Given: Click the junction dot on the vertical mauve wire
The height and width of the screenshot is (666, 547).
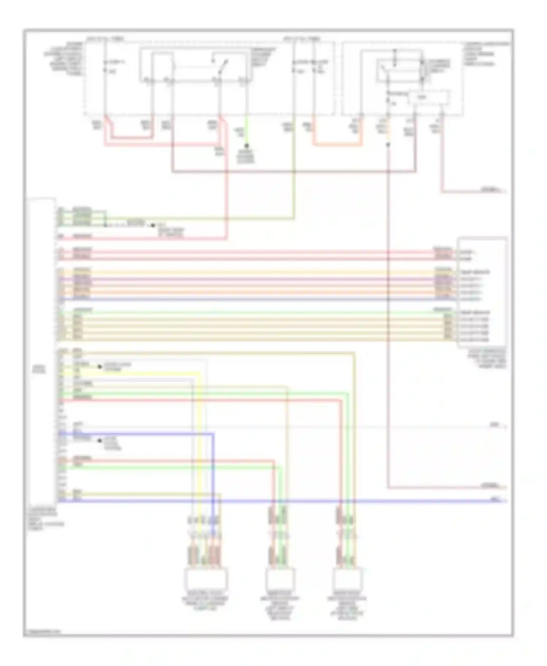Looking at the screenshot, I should [388, 145].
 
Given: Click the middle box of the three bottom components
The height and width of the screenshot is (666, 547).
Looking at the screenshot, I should [279, 579].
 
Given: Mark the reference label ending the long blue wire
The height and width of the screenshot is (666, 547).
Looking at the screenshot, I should [496, 500].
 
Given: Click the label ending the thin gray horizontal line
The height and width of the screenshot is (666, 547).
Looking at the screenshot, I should [494, 425].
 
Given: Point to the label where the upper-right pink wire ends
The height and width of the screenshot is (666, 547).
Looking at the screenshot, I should [490, 190].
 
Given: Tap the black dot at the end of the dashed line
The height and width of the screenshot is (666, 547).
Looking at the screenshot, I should [153, 226].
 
